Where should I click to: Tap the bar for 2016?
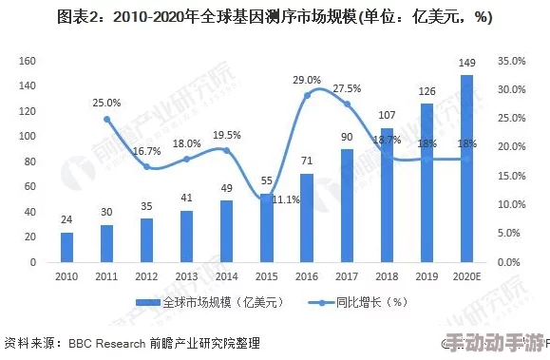coord(307,218)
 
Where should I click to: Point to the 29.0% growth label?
coord(306,80)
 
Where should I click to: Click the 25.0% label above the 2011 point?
coord(106,103)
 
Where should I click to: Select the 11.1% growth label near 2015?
coord(286,200)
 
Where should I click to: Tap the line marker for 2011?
coord(106,120)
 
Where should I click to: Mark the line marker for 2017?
coord(347,104)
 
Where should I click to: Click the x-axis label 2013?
coord(186,276)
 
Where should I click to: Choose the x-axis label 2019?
coord(427,276)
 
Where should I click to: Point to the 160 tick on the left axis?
coord(28,61)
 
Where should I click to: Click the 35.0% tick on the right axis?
coord(511,61)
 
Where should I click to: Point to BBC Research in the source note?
coord(105,343)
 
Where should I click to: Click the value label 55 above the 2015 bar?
coord(267,180)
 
